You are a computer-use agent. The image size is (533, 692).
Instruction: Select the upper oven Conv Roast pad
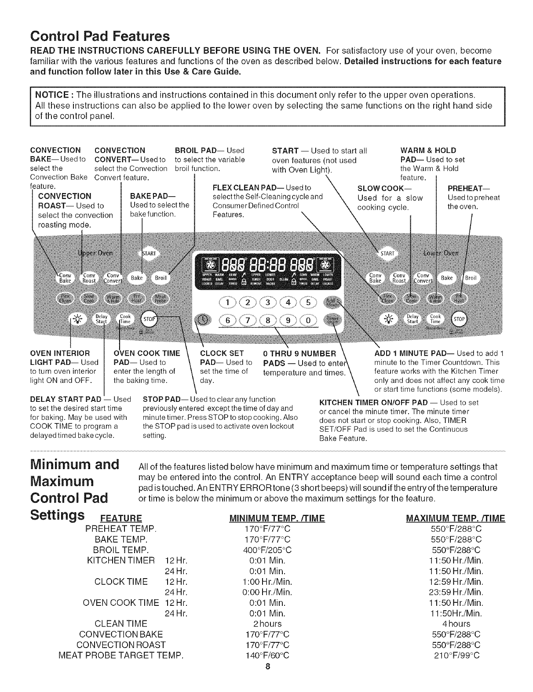[91, 278]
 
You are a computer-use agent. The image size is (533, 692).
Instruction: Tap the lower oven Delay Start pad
[412, 319]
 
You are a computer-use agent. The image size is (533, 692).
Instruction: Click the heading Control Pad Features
[100, 35]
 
